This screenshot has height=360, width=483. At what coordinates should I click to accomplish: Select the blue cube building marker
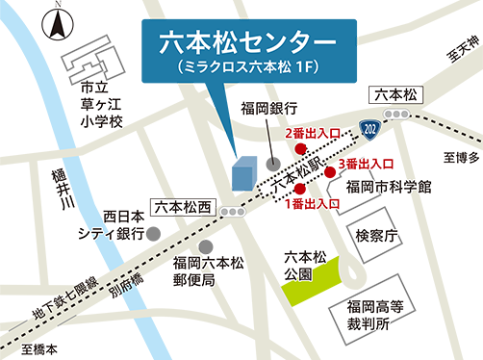tap(244, 173)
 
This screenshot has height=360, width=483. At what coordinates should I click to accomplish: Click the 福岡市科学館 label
tap(389, 185)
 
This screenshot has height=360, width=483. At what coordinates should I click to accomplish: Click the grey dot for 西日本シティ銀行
tap(153, 232)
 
